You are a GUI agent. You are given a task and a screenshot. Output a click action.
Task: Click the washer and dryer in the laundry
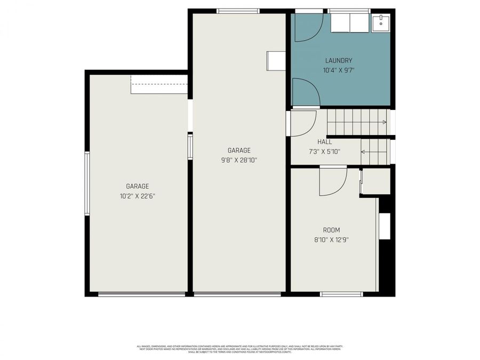click(x=349, y=22)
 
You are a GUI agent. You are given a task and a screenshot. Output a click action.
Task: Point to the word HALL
click(x=324, y=142)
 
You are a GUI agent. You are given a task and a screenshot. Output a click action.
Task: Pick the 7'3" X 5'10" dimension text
click(x=324, y=151)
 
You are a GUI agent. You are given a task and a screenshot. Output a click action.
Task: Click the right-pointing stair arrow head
click(x=385, y=123)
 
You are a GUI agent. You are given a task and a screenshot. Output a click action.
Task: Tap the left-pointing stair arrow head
click(x=363, y=152)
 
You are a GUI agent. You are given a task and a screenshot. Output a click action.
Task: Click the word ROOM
click(x=331, y=230)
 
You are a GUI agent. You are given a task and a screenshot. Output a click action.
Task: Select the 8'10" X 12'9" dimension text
click(x=331, y=239)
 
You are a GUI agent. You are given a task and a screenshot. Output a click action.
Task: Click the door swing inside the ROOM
click(x=332, y=181)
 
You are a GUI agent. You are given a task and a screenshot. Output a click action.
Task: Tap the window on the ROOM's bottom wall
click(x=341, y=294)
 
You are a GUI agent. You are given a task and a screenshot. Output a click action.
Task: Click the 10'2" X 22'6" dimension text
click(x=138, y=196)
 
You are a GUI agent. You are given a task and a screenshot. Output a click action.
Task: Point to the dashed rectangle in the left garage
click(x=159, y=84)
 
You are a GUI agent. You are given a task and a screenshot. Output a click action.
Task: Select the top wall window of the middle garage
click(x=238, y=11)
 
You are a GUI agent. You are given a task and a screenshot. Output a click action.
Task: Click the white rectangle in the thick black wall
click(x=385, y=226)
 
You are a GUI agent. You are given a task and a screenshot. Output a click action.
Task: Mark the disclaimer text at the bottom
click(x=239, y=348)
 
